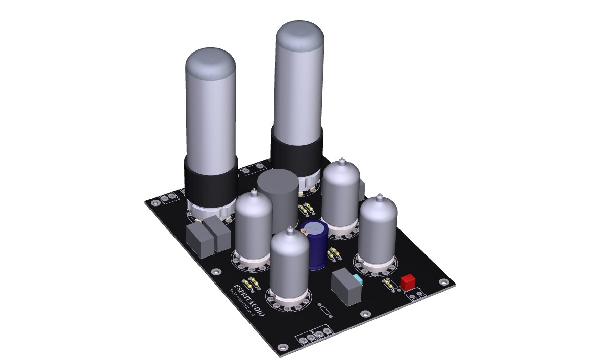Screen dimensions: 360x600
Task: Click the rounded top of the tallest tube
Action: (299, 36)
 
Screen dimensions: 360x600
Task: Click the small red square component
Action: (408, 282)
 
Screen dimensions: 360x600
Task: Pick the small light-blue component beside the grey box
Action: (358, 281)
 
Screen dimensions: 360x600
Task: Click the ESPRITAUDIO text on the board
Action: (248, 300)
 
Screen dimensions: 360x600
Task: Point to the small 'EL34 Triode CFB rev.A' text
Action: (241, 305)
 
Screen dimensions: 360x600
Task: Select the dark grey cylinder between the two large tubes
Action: (277, 201)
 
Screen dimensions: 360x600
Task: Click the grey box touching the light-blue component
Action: (345, 288)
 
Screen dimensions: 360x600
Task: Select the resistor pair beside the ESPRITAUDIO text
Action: (251, 282)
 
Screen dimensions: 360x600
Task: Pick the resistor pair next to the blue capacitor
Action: (334, 253)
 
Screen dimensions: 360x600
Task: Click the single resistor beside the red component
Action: (389, 285)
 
